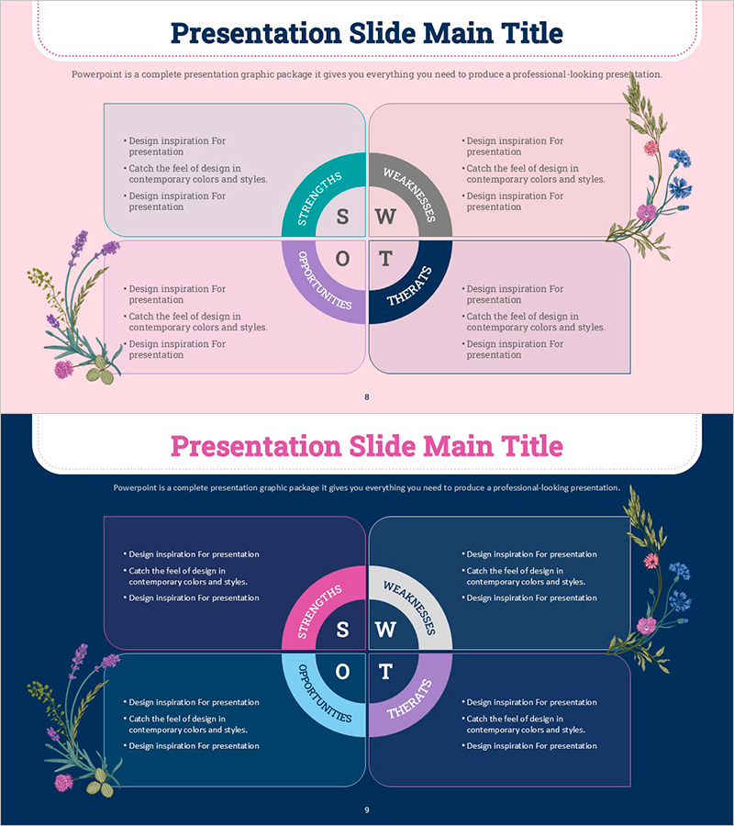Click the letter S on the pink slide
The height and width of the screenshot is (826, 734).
[x=342, y=217]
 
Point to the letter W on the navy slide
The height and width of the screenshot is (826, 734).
[x=385, y=630]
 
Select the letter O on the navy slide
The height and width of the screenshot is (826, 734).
[x=342, y=672]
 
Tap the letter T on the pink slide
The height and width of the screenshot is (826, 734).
[x=385, y=259]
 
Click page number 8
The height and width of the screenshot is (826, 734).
[x=367, y=396]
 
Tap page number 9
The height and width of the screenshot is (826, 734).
[x=367, y=809]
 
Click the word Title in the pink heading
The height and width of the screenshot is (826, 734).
[x=532, y=446]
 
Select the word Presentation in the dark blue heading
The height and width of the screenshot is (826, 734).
[x=256, y=33]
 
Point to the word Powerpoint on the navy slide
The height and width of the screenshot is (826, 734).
[x=135, y=488]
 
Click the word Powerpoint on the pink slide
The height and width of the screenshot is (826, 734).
[x=96, y=74]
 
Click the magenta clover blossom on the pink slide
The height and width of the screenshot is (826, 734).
[x=63, y=369]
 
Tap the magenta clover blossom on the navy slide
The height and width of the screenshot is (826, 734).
[x=63, y=782]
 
